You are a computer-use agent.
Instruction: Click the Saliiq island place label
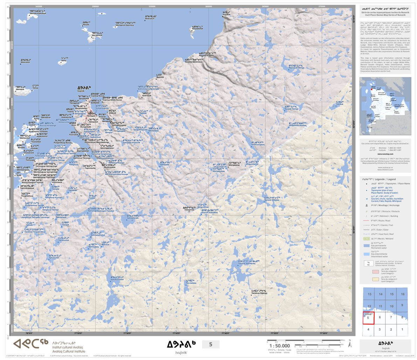point(63,60)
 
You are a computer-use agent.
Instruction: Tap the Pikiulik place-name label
point(86,24)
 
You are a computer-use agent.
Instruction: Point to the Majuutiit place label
point(160,76)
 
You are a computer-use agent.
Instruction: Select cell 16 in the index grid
point(402,294)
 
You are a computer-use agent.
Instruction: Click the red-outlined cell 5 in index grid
point(368,318)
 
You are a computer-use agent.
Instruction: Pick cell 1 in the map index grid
point(402,329)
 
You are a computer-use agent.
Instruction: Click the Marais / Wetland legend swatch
point(366,239)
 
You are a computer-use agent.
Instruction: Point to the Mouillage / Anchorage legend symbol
point(366,205)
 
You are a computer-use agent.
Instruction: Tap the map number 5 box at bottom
point(210,344)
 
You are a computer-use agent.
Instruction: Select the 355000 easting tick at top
point(152,6)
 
